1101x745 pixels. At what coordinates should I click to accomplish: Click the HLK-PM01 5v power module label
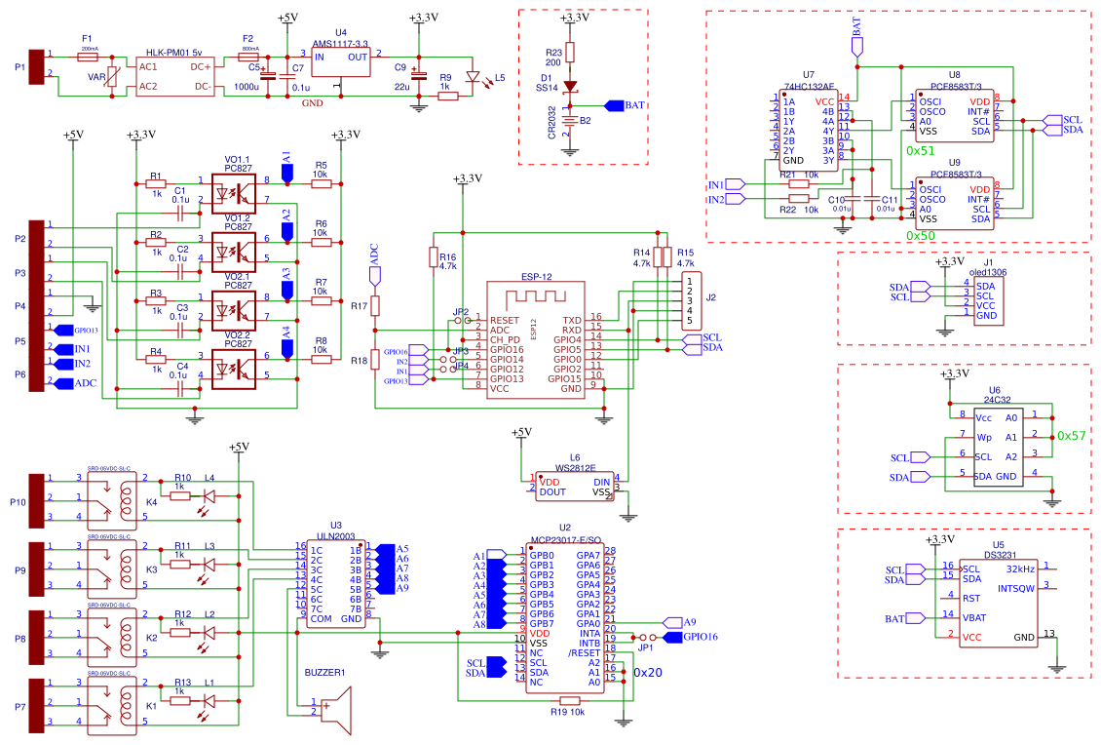[x=174, y=52]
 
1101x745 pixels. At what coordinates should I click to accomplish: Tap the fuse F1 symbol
[x=89, y=58]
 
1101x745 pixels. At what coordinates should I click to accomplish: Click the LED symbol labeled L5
[x=475, y=77]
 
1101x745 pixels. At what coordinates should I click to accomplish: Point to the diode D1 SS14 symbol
[x=571, y=87]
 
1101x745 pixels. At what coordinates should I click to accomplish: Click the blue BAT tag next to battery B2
[x=625, y=105]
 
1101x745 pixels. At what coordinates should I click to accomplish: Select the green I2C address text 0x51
[x=921, y=151]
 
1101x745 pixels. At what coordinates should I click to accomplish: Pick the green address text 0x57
[x=1071, y=436]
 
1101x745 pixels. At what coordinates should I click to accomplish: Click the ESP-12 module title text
[x=537, y=276]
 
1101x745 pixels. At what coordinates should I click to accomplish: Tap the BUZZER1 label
[x=324, y=673]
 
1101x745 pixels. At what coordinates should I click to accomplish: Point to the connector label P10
[x=19, y=502]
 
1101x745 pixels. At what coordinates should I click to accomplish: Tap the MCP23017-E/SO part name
[x=565, y=538]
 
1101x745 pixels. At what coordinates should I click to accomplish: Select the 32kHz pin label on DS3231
[x=1018, y=567]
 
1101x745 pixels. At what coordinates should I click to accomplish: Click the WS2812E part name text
[x=576, y=468]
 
